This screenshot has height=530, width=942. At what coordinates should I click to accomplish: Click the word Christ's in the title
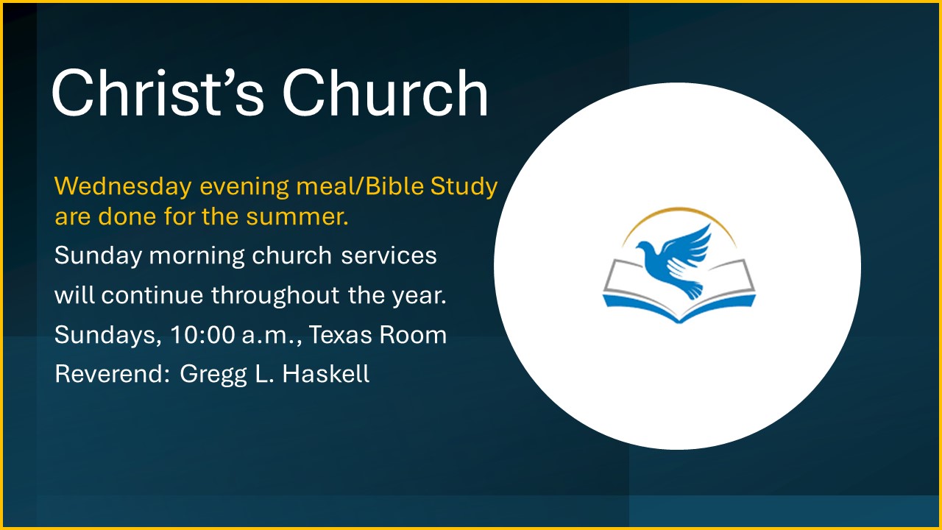pyautogui.click(x=157, y=92)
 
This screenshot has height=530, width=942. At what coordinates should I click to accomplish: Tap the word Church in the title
pyautogui.click(x=385, y=92)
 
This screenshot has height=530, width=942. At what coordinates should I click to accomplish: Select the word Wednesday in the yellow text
pyautogui.click(x=123, y=185)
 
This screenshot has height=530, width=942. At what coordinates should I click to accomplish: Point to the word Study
pyautogui.click(x=464, y=187)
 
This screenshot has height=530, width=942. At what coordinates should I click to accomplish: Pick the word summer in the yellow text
pyautogui.click(x=297, y=216)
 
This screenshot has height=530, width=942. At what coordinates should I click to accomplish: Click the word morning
pyautogui.click(x=196, y=256)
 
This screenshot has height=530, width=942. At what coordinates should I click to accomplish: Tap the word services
pyautogui.click(x=389, y=255)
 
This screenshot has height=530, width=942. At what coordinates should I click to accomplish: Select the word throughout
pyautogui.click(x=275, y=294)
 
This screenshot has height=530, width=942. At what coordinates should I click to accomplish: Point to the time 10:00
pyautogui.click(x=202, y=335)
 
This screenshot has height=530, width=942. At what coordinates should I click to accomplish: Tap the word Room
pyautogui.click(x=413, y=335)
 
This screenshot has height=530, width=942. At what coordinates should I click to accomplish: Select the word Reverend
pyautogui.click(x=112, y=373)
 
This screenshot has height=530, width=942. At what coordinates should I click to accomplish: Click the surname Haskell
pyautogui.click(x=326, y=373)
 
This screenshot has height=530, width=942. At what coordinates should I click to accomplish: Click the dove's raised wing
pyautogui.click(x=690, y=244)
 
